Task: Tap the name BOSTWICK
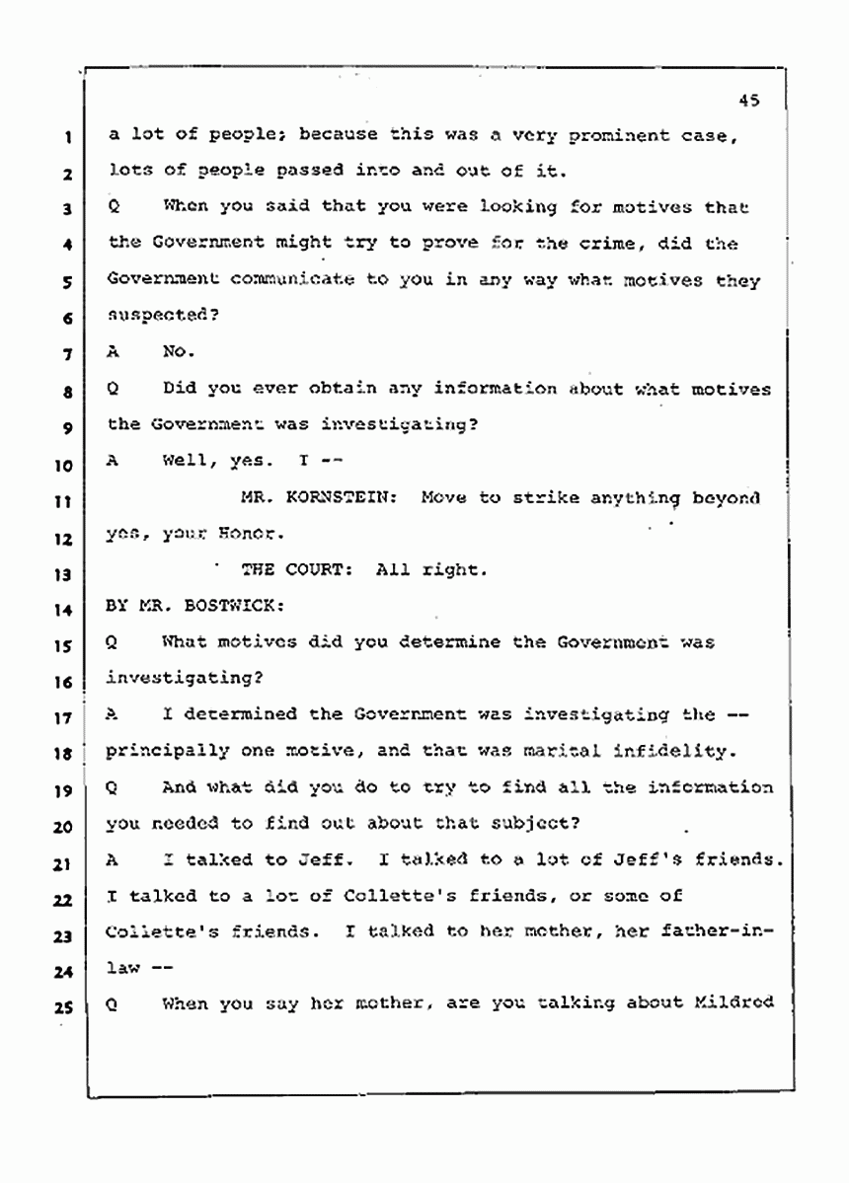click(x=206, y=606)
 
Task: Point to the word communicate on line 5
click(x=290, y=280)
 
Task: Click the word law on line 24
click(x=124, y=968)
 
